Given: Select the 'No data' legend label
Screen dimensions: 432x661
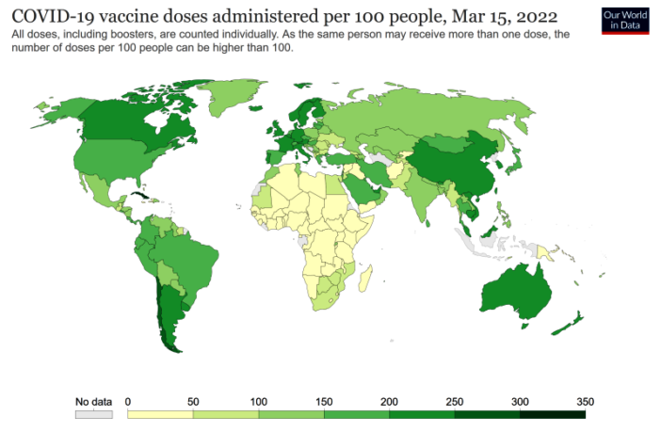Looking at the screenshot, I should point(93,401).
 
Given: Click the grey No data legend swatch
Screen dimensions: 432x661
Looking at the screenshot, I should point(93,413).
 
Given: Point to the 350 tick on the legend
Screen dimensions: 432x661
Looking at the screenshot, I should point(585,401).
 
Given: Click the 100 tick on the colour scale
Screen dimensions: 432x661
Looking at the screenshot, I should point(258,401).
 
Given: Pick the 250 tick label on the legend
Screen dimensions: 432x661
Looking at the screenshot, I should point(454,401).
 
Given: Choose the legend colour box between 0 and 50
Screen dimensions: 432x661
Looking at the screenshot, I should point(159,413).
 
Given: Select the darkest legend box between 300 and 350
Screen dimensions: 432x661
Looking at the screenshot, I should point(552,413).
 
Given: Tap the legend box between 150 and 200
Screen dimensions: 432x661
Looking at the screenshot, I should point(356,413).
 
